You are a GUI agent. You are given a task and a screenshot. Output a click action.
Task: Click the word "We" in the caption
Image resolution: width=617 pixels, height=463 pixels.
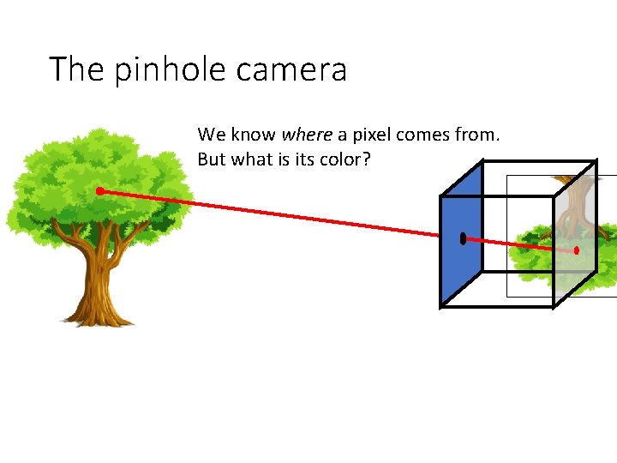click(211, 135)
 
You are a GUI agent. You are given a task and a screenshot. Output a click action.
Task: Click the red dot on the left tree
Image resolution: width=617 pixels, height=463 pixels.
click(99, 190)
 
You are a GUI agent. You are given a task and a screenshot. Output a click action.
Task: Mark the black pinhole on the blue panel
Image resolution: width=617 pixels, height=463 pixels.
click(463, 238)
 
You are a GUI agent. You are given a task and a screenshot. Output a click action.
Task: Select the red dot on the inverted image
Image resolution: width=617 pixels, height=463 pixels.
click(577, 250)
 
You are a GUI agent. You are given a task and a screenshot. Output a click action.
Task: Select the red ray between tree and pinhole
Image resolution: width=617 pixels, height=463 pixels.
click(283, 214)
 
